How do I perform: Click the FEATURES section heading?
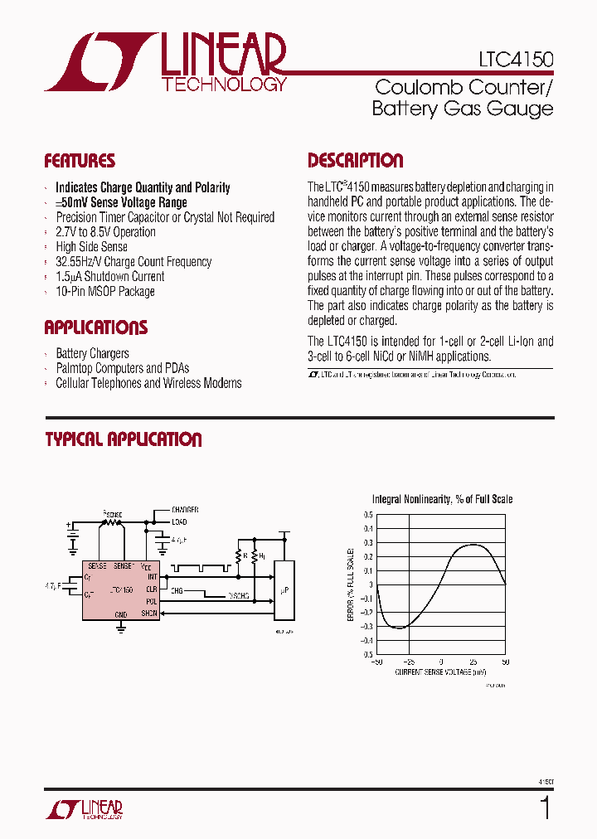[80, 161]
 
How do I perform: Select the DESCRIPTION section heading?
[356, 161]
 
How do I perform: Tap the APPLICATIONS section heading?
[95, 327]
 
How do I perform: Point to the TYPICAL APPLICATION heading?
[124, 439]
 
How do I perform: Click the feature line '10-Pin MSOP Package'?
[104, 292]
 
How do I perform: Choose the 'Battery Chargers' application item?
[92, 353]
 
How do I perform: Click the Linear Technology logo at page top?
[166, 62]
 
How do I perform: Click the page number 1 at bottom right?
[544, 807]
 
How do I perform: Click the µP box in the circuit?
[284, 589]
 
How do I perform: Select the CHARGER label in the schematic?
[186, 509]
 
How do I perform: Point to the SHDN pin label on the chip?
[148, 613]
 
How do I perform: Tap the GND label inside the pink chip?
[120, 614]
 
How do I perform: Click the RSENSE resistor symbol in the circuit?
[112, 522]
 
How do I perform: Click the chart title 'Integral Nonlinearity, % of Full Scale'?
[442, 499]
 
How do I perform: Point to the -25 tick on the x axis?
[409, 662]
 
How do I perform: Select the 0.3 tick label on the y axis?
[367, 542]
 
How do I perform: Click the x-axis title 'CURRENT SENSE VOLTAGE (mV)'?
[439, 672]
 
